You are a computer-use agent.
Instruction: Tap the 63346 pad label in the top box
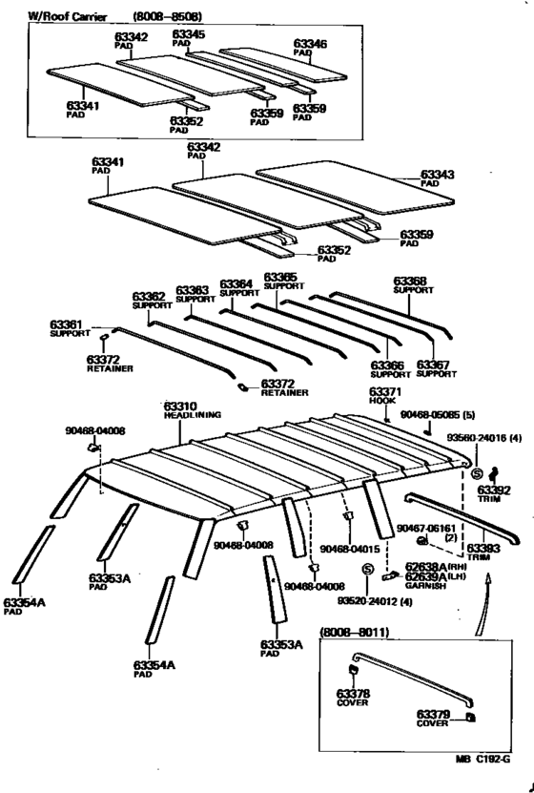[x=309, y=44]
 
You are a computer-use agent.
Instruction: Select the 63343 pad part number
[x=438, y=176]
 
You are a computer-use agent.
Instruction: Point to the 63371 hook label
[x=385, y=391]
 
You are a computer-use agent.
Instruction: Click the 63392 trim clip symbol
[x=494, y=474]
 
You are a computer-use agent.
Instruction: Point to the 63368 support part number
[x=410, y=282]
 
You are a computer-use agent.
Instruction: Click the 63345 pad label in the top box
[x=188, y=33]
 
